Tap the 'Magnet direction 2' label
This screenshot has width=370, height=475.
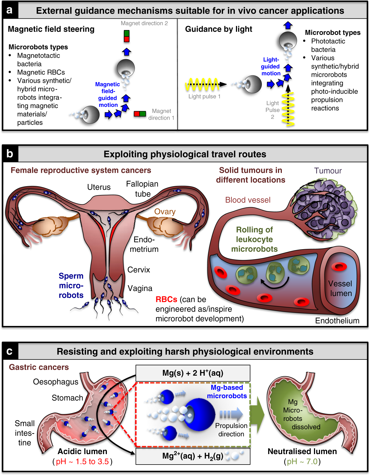pyautogui.click(x=144, y=23)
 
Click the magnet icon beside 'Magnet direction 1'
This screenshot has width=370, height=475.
pyautogui.click(x=140, y=114)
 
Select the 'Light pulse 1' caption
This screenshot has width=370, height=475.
pyautogui.click(x=204, y=97)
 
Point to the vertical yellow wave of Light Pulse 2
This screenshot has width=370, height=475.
pyautogui.click(x=288, y=109)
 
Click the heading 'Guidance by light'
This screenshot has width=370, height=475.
pyautogui.click(x=218, y=29)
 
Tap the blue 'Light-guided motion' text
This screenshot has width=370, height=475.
pyautogui.click(x=271, y=67)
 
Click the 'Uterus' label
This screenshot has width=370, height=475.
pyautogui.click(x=99, y=187)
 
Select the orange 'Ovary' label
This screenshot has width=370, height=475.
pyautogui.click(x=165, y=212)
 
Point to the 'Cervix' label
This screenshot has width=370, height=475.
pyautogui.click(x=139, y=270)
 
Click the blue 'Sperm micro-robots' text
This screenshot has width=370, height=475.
pyautogui.click(x=71, y=285)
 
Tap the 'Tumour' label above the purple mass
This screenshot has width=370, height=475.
pyautogui.click(x=328, y=171)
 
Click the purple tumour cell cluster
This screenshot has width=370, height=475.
pyautogui.click(x=324, y=209)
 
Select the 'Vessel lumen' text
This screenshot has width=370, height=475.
pyautogui.click(x=341, y=288)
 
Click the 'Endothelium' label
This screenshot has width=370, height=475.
pyautogui.click(x=337, y=321)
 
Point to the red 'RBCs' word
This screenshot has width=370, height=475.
pyautogui.click(x=166, y=299)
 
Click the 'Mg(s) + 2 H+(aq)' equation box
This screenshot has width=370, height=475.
pyautogui.click(x=193, y=373)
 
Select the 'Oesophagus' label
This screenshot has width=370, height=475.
pyautogui.click(x=55, y=382)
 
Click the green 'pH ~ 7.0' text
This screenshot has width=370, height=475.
pyautogui.click(x=302, y=461)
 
